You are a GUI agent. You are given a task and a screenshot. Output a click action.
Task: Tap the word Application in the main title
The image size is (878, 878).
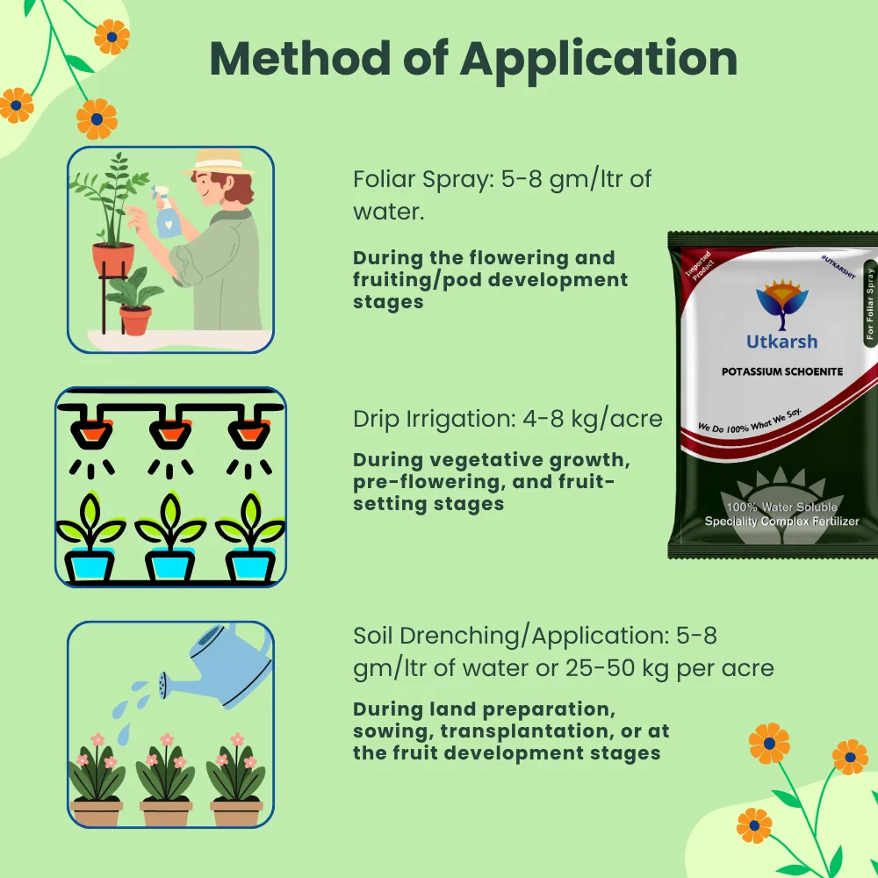599,58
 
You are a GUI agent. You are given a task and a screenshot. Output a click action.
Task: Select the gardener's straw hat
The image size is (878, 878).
221,163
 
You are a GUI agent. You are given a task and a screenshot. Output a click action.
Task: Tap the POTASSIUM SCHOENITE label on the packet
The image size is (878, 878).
770,371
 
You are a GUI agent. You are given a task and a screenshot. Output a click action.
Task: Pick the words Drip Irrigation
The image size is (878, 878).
423,419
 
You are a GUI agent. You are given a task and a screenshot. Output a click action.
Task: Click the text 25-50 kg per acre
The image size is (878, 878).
675,668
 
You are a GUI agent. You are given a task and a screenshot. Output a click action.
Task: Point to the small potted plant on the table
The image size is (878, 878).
134,308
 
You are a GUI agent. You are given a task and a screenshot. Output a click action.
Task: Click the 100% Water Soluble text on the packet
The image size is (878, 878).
781,507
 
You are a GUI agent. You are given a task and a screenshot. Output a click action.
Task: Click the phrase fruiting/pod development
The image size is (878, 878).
491,280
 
